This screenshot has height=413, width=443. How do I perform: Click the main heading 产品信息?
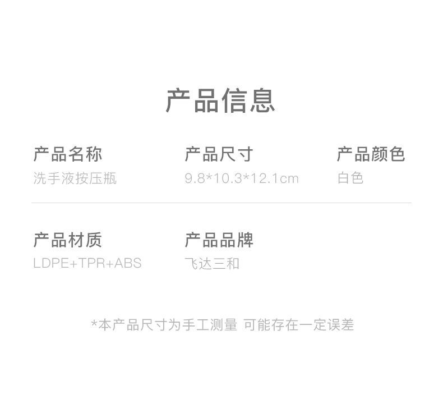[220, 101]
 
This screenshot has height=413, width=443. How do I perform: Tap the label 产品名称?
[68, 154]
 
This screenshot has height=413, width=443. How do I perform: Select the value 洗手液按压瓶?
[75, 178]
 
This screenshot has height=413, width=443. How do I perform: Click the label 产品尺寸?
[219, 154]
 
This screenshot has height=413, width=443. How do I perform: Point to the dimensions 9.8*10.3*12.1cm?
[242, 178]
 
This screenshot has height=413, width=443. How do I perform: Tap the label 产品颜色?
[371, 154]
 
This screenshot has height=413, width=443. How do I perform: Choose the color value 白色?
[350, 178]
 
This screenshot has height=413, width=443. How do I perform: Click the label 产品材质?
[68, 240]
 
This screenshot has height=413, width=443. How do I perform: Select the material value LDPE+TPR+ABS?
[87, 263]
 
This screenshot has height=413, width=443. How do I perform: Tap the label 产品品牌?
[219, 240]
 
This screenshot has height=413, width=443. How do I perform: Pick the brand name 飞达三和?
[212, 263]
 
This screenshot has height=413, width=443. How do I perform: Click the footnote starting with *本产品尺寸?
[223, 325]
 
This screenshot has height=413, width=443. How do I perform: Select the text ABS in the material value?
[128, 263]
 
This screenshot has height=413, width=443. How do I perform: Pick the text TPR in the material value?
[91, 263]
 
